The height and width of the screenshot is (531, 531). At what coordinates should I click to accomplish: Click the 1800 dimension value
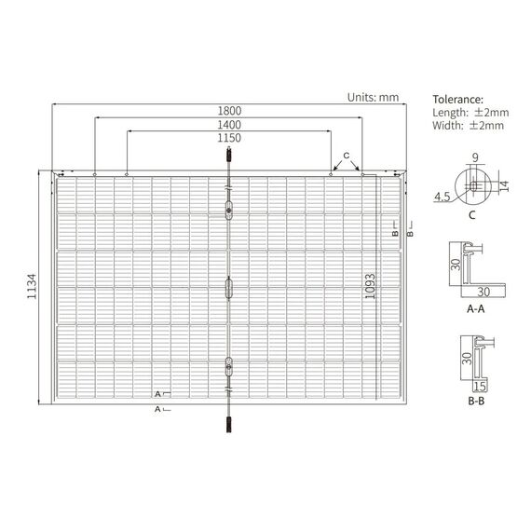[229, 111]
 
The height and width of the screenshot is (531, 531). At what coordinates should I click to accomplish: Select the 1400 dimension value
[229, 125]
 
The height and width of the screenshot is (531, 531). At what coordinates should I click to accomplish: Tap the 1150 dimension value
[229, 138]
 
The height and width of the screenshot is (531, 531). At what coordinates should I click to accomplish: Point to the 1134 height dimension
[32, 287]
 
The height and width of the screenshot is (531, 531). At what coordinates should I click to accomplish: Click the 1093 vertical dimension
[371, 287]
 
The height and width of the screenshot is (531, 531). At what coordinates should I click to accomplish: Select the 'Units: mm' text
[373, 98]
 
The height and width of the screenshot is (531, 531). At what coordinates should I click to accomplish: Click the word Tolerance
[457, 100]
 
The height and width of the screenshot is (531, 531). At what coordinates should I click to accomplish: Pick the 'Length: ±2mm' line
[470, 113]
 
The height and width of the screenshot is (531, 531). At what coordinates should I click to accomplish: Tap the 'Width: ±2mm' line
[468, 126]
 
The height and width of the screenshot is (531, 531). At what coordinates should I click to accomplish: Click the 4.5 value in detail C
[442, 197]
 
